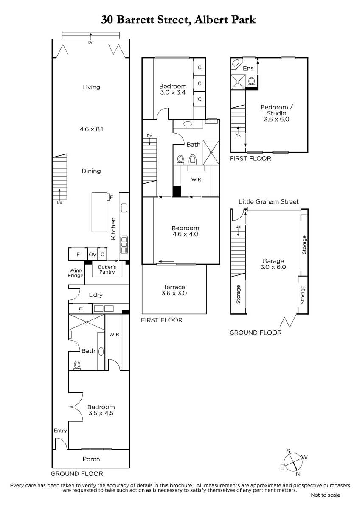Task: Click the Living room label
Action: click(x=91, y=87)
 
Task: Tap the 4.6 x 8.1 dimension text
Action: click(x=91, y=129)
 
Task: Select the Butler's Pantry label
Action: click(x=107, y=269)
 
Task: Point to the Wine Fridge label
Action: click(x=76, y=273)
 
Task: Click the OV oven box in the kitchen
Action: click(x=93, y=254)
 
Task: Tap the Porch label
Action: click(x=91, y=459)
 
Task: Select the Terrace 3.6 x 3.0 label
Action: click(x=174, y=290)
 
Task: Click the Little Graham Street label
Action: click(x=269, y=202)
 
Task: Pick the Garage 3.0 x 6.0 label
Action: click(x=273, y=264)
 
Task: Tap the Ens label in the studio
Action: click(x=248, y=68)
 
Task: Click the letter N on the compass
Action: click(x=298, y=474)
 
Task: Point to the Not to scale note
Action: click(x=326, y=495)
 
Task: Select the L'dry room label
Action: click(x=96, y=295)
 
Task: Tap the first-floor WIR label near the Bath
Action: click(x=196, y=179)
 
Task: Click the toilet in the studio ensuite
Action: click(x=251, y=82)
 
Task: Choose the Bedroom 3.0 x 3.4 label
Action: click(x=173, y=89)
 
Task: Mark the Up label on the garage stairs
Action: click(x=238, y=227)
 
